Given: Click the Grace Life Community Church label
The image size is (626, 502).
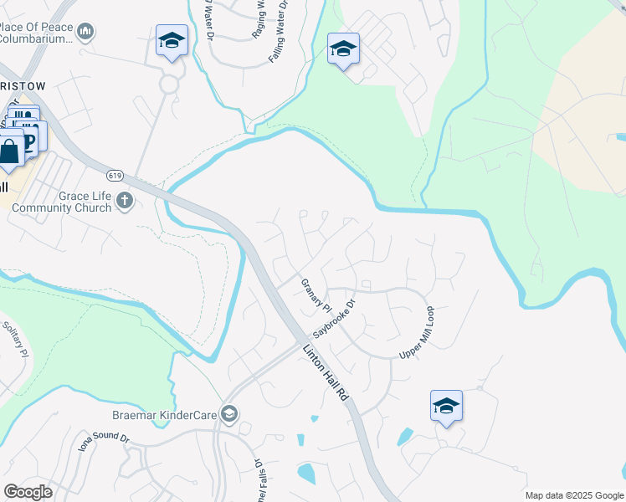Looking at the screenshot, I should coord(62,202).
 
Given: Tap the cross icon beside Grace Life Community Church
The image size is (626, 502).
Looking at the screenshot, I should coord(125,200).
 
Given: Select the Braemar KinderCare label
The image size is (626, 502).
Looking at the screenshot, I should coord(165,414).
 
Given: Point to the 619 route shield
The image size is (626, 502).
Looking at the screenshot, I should coord(115,176).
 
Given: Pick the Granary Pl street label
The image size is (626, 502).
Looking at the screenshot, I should coord(316,295).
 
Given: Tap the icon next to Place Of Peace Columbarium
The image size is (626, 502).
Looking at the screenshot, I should coord(85,32).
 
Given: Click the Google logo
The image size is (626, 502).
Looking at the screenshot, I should coord(28,491).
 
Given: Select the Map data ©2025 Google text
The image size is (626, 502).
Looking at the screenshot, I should coord(573,495).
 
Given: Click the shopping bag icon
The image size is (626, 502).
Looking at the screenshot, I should coord(9,152).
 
